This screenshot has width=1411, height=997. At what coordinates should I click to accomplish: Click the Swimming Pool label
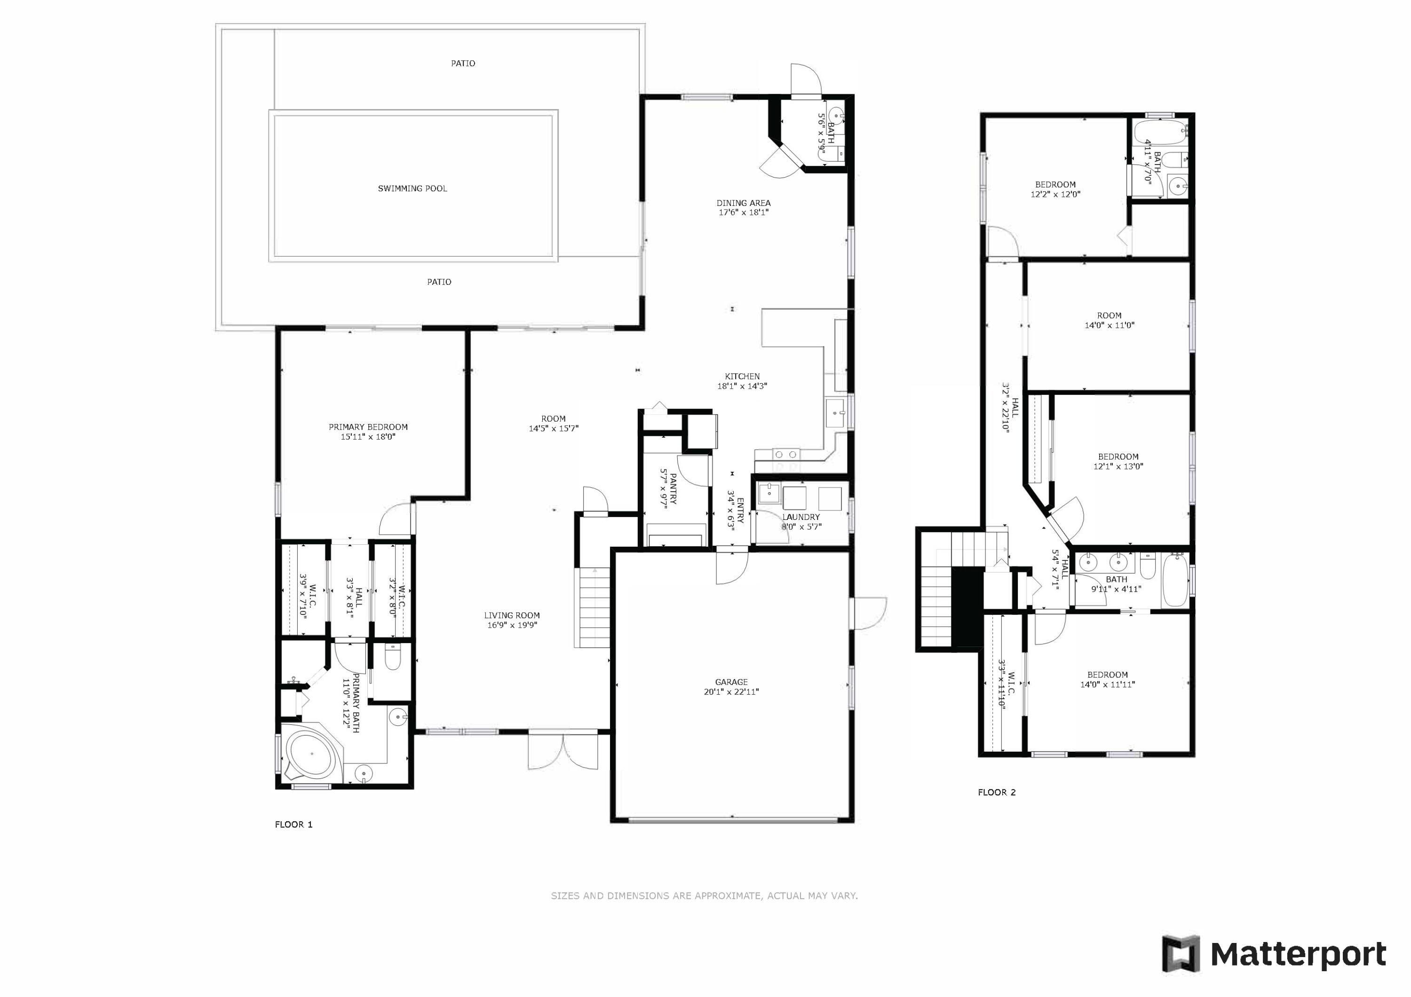point(412,188)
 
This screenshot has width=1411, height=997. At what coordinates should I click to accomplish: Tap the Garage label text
point(731,682)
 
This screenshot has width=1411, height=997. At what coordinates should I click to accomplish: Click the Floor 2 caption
point(997,793)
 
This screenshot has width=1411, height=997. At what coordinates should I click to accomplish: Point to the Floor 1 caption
point(294,824)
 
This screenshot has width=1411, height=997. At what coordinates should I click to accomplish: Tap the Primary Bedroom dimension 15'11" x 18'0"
point(368,437)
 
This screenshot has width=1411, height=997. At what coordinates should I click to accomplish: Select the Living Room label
point(512,615)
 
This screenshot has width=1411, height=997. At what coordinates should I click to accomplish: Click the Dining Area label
point(744,203)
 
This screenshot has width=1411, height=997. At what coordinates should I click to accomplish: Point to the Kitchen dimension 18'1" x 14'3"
point(742,386)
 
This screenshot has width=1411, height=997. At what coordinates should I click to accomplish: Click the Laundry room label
point(801,517)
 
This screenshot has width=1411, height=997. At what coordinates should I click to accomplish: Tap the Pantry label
point(673,489)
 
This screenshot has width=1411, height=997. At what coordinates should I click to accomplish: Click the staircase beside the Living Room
point(593,607)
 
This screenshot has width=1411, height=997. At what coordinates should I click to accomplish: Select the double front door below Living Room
point(563,751)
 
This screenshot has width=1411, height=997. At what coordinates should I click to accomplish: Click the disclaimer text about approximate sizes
point(704,895)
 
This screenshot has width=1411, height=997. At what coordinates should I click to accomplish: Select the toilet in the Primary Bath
point(393,657)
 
